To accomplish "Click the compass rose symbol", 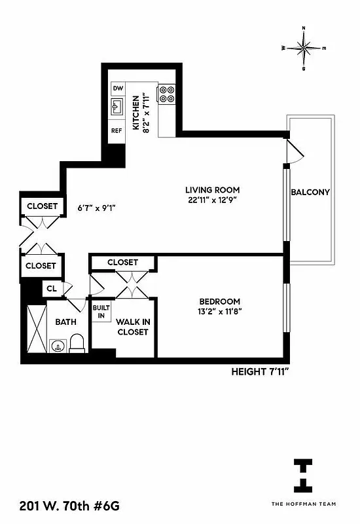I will [x=304, y=48].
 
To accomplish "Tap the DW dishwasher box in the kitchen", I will [x=118, y=88].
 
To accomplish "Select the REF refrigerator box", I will [x=117, y=130].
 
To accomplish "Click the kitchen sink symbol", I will [x=118, y=107].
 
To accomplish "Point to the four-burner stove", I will [x=166, y=94].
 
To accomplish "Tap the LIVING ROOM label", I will [x=210, y=190].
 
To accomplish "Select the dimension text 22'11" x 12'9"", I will [x=210, y=200].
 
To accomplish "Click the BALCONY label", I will [x=310, y=193].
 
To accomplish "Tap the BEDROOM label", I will [x=219, y=301].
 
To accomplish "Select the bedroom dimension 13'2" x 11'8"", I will [x=219, y=312].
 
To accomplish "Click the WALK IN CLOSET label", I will [x=132, y=327].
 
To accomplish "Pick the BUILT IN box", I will [x=100, y=312].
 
